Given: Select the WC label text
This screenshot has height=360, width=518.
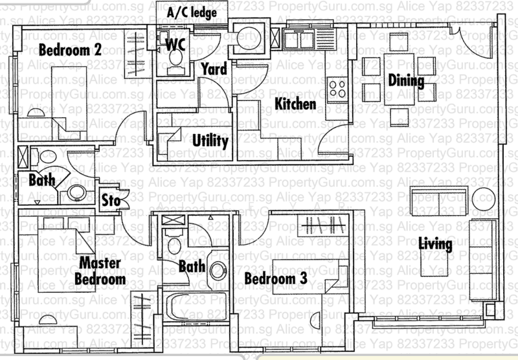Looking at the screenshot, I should [177, 44].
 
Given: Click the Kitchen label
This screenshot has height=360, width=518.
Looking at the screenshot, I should [295, 104].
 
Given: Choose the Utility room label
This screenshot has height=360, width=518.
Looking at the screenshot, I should [210, 141].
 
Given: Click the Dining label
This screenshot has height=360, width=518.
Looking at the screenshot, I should [406, 81].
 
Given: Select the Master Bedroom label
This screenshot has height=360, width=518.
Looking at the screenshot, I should [100, 271].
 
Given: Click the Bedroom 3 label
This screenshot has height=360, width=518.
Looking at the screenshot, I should [275, 278].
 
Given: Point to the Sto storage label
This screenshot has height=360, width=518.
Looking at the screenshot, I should [110, 201].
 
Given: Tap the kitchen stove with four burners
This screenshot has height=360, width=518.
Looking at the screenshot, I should [338, 86].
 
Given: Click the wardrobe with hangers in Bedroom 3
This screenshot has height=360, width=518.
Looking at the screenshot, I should [324, 227].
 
